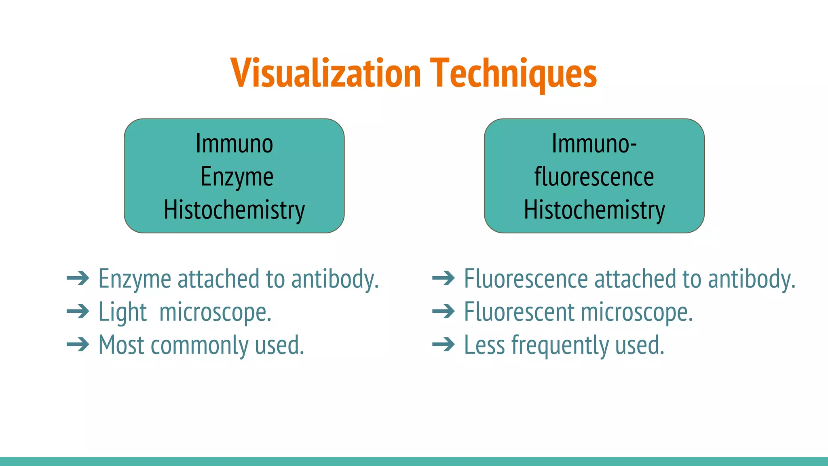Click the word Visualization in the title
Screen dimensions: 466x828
326,73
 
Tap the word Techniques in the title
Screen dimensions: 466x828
513,73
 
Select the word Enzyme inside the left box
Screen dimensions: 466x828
237,177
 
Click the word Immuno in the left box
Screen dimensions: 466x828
234,144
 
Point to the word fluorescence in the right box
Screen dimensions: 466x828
594,177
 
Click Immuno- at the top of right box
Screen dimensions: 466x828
594,144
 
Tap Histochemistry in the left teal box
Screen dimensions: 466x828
234,210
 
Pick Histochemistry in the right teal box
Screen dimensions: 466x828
594,210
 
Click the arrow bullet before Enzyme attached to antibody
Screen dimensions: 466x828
78,278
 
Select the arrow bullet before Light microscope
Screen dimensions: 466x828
78,311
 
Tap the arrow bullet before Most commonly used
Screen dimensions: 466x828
78,345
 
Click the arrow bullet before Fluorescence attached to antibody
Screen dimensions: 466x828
444,278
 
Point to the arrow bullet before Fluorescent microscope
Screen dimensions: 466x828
444,311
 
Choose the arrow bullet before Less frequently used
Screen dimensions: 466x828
444,345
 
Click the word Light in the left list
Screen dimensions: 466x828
123,312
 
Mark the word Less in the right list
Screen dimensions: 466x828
484,345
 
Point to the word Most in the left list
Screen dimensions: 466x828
121,345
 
